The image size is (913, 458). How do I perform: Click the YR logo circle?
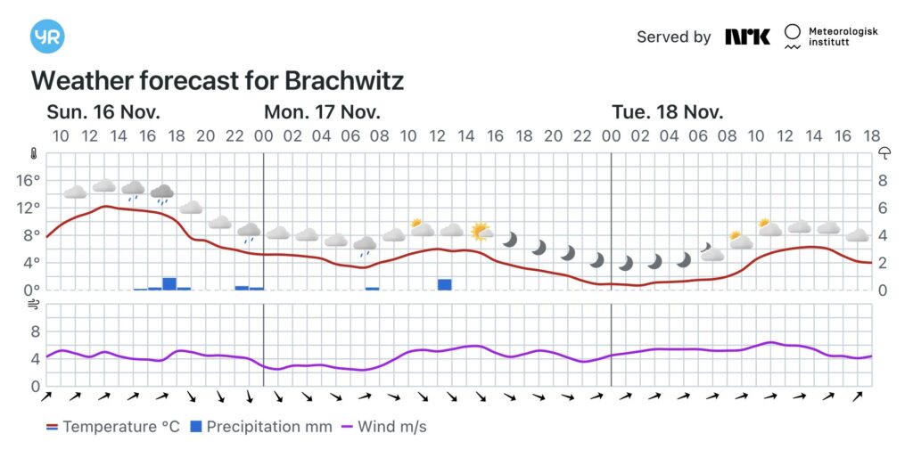click(x=47, y=37)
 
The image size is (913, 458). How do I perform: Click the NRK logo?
click(x=747, y=37)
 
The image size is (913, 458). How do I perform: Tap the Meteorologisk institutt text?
click(x=843, y=37)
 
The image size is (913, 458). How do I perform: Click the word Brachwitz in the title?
click(x=344, y=81)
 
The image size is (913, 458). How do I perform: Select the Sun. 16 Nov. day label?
click(x=103, y=112)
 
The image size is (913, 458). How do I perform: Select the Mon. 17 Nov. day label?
click(x=322, y=112)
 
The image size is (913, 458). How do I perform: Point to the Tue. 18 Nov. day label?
click(x=667, y=112)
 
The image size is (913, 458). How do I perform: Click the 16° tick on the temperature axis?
click(x=29, y=180)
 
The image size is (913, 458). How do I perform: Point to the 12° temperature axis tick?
click(x=29, y=208)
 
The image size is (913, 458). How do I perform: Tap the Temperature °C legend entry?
click(x=113, y=427)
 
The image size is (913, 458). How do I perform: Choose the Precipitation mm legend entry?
click(x=260, y=427)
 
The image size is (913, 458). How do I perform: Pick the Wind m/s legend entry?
click(x=383, y=427)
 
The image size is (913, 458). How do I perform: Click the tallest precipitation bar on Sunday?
click(x=169, y=283)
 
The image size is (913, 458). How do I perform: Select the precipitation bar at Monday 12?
click(x=445, y=284)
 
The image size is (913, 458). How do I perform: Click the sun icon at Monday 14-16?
click(x=481, y=233)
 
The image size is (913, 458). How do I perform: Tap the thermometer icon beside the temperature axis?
click(x=34, y=153)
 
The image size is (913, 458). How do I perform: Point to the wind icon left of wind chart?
click(x=34, y=304)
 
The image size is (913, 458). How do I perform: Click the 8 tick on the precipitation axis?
click(x=883, y=180)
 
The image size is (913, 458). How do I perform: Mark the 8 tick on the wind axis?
click(x=36, y=331)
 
